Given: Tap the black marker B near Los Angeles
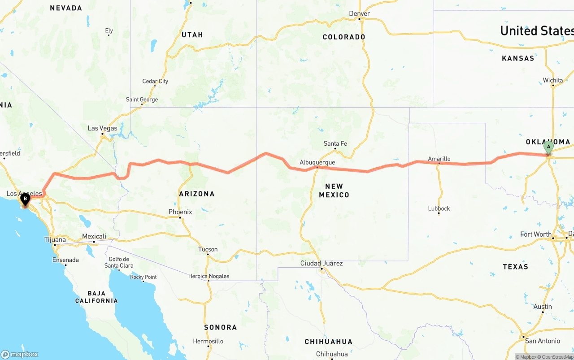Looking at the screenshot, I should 25,199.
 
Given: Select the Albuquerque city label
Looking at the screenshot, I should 317,162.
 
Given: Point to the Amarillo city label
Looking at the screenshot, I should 439,159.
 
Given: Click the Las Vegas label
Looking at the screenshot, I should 102,128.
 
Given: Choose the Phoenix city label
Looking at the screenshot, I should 180,212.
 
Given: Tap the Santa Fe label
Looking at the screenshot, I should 335,144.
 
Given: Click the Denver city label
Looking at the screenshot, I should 360,13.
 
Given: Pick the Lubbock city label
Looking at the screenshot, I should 439,208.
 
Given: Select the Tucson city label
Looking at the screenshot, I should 208,249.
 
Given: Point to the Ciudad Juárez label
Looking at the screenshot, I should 322,263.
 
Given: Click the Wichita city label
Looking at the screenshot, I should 553,81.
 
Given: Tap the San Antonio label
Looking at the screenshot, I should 543,341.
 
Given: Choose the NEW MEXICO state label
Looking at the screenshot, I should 334,191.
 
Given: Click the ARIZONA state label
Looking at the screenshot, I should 197,194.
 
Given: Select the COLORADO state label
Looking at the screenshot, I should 344,37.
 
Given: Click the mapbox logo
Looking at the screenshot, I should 20,354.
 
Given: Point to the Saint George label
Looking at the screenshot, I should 142,100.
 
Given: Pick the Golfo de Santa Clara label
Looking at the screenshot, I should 119,262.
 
